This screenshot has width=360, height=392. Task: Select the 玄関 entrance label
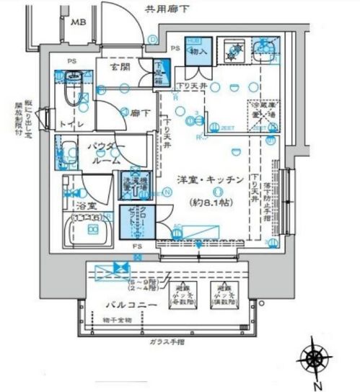(x=120, y=67)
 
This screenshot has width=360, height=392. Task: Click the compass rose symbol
(x=316, y=358)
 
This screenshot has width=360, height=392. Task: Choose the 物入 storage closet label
(x=199, y=53)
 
